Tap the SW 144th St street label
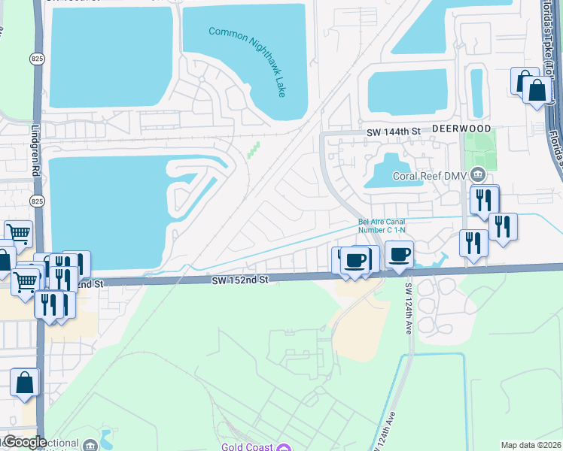(393, 132)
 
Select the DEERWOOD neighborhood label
(461, 129)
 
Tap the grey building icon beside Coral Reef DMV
(477, 175)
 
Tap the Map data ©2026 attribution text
(531, 445)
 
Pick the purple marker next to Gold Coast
(283, 449)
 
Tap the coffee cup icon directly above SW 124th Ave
(400, 255)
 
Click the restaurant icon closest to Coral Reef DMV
(484, 200)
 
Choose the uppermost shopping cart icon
(18, 234)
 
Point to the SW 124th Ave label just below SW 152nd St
(408, 308)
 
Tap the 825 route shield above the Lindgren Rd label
(37, 58)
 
